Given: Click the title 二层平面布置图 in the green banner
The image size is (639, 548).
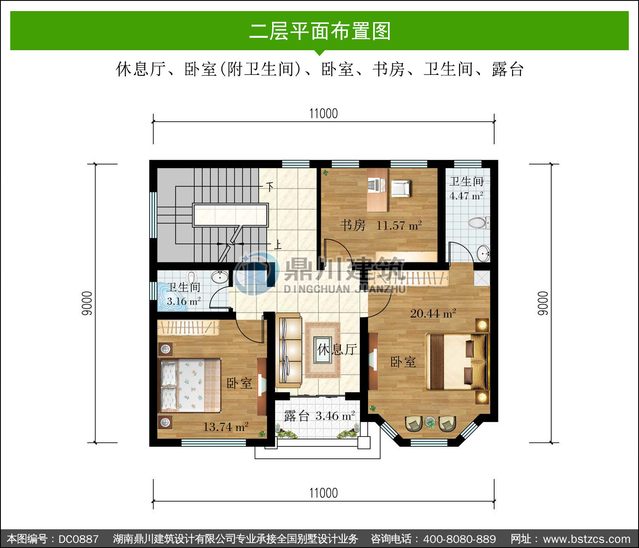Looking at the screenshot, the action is point(319,31).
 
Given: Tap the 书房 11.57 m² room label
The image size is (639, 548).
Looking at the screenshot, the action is point(381,225).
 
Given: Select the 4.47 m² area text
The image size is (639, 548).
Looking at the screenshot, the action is point(466,196).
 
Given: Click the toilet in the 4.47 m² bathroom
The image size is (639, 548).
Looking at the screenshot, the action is point(479,223).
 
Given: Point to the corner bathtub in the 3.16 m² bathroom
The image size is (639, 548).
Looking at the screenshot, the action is point(172,297).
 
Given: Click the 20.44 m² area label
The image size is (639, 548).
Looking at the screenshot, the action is point(433,314).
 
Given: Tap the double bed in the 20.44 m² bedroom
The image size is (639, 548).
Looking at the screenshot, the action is point(457,361).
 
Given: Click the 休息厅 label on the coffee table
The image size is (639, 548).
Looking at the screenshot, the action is point(337,350).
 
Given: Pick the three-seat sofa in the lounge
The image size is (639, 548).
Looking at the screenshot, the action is point(289,351).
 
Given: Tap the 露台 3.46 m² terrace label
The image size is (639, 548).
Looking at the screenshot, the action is point(319,416).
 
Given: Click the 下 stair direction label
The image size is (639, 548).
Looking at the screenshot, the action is point(270,187).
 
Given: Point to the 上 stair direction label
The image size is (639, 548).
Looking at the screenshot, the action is point(278,245).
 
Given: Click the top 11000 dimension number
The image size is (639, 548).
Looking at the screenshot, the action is point(323,114).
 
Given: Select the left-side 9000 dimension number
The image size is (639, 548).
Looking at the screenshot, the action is point(87,303).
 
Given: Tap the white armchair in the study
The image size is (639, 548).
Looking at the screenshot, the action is point(400,188).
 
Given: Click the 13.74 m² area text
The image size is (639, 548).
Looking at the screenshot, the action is point(226,427).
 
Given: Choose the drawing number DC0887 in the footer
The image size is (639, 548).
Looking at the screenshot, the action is point(78,539).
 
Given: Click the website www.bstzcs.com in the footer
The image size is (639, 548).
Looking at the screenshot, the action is point(587,539).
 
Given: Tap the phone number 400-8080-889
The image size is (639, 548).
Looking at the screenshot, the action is point(459,539).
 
